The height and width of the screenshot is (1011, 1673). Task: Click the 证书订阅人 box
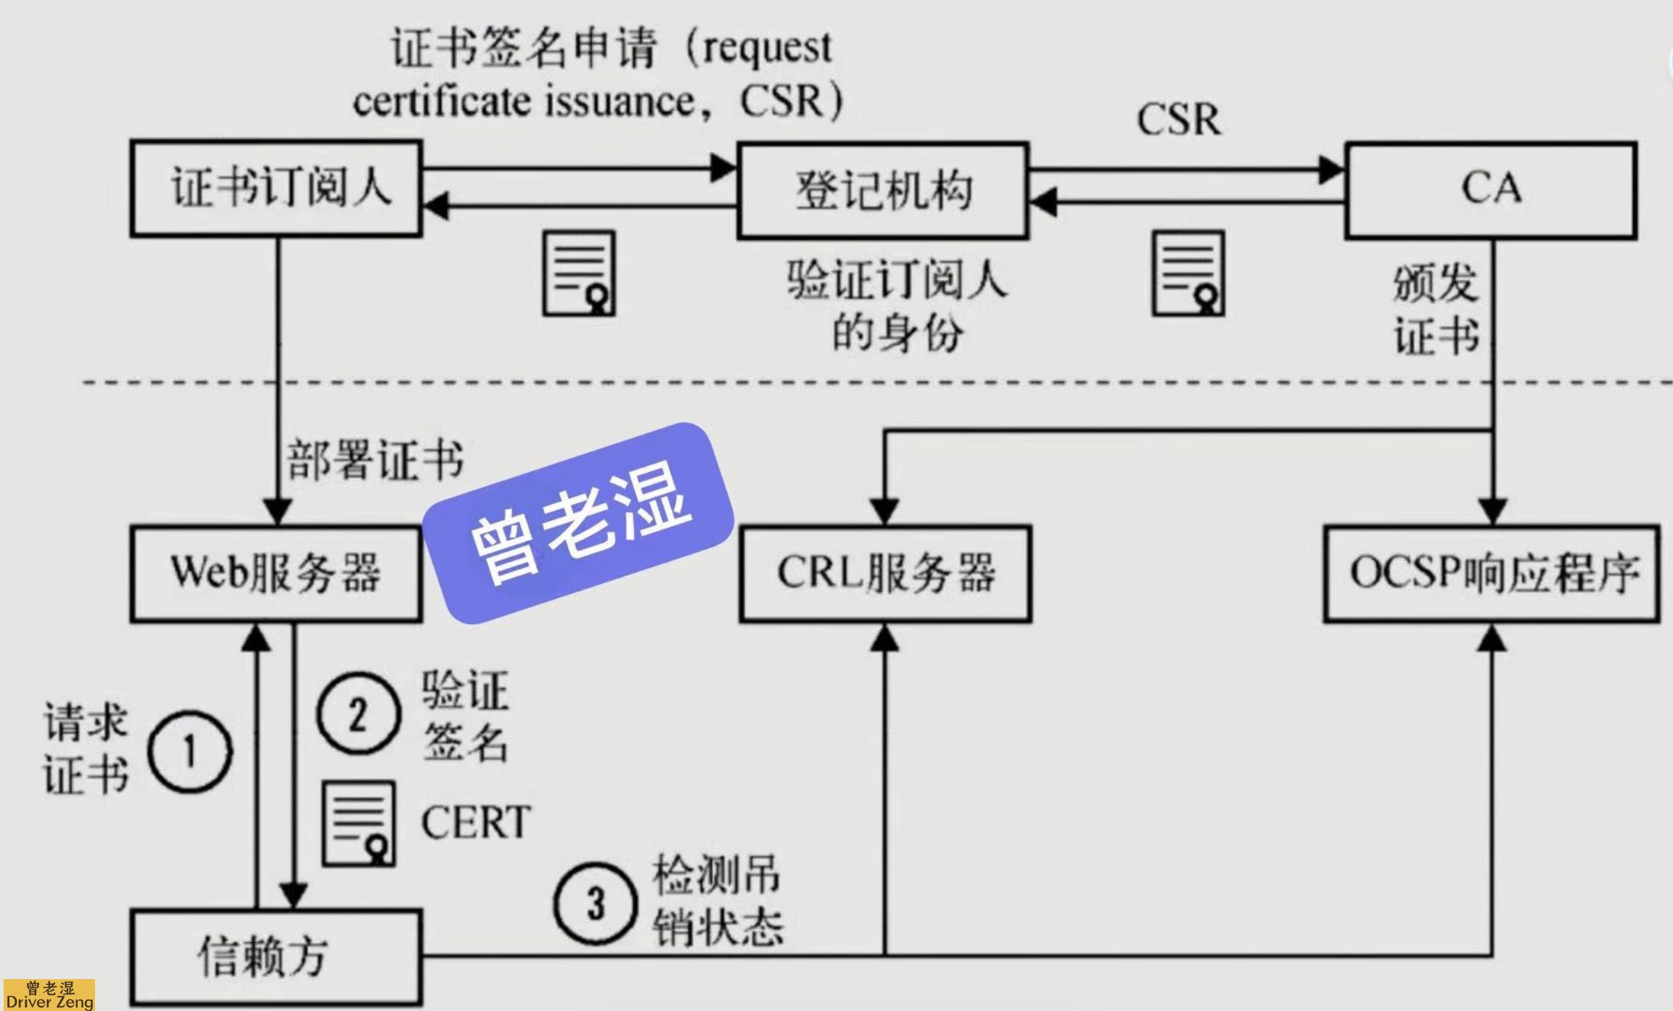(x=276, y=189)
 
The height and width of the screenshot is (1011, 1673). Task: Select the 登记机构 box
(x=883, y=191)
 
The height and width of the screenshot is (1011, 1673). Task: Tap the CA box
(x=1491, y=190)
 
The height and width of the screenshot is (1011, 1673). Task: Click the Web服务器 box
(x=276, y=574)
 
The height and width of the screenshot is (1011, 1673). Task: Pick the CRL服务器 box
(x=886, y=574)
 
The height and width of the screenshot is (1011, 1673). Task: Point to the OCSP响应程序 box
(x=1492, y=574)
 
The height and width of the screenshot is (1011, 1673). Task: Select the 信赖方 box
(x=276, y=957)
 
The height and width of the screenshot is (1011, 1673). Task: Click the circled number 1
(x=190, y=751)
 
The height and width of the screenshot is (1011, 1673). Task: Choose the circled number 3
(x=596, y=904)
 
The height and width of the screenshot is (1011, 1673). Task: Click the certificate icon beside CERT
(x=359, y=824)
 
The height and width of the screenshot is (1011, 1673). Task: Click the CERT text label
(x=476, y=822)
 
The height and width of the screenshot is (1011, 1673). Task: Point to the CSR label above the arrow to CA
(x=1179, y=119)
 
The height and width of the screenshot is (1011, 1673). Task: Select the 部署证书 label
(x=375, y=459)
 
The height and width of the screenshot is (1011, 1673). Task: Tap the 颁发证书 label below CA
(x=1435, y=310)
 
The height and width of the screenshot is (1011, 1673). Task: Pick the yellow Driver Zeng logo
(x=48, y=994)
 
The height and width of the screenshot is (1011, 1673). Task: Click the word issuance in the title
(x=620, y=102)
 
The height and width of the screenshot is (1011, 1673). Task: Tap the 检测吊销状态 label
(x=718, y=901)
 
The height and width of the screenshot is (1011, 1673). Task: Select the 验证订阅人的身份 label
(x=898, y=307)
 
